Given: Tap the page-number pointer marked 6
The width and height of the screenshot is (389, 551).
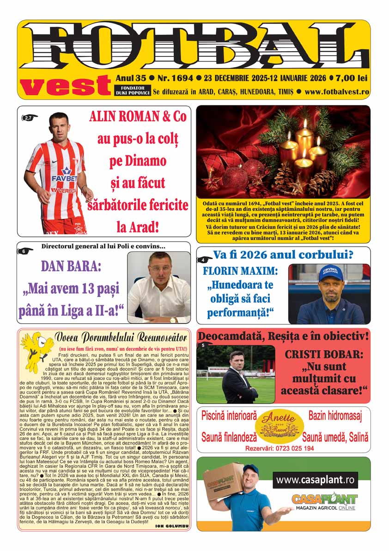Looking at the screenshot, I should tap(24, 251).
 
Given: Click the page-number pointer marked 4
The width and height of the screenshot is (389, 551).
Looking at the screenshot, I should tap(204, 260).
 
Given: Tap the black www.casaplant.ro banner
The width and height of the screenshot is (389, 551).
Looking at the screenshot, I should tap(315, 480).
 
